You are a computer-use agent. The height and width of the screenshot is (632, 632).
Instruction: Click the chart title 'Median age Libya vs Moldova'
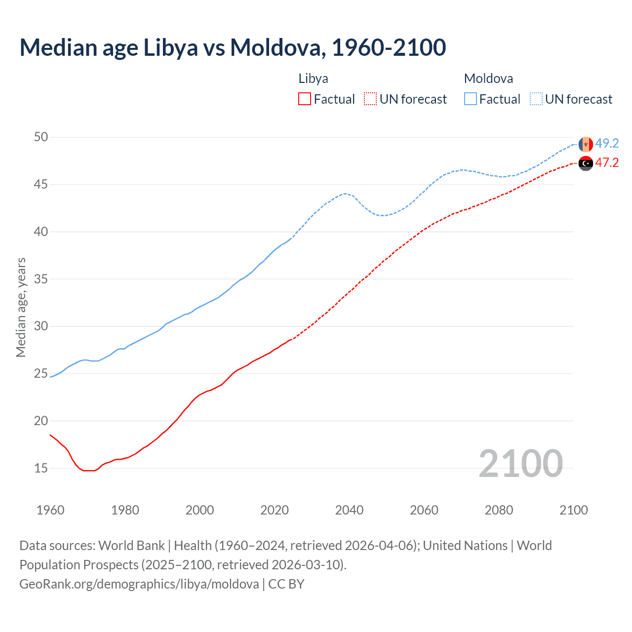click(232, 47)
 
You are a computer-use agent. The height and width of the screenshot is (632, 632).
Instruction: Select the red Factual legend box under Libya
click(305, 99)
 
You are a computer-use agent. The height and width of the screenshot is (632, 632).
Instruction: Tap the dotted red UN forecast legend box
click(370, 99)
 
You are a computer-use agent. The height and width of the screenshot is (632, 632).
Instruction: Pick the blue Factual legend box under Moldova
click(471, 99)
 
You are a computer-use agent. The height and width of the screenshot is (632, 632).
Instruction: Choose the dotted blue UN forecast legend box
click(536, 99)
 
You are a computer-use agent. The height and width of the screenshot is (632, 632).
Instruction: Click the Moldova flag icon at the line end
click(586, 144)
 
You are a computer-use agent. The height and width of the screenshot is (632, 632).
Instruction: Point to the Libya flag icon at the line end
click(586, 163)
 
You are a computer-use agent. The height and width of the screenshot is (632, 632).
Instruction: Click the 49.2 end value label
click(607, 143)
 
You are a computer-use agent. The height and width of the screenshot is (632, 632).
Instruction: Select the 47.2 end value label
click(607, 162)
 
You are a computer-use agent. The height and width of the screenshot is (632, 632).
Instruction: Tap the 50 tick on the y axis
click(41, 137)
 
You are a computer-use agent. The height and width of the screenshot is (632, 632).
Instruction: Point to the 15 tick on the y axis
click(41, 468)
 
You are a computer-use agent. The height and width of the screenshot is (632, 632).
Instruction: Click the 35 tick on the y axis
click(41, 279)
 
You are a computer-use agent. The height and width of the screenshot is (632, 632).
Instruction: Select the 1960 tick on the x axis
click(50, 510)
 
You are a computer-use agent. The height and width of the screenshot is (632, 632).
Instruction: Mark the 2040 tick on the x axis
click(349, 510)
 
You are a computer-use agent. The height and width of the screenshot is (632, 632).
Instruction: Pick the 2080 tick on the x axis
click(499, 510)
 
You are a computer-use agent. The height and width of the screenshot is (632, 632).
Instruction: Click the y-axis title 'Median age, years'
click(21, 307)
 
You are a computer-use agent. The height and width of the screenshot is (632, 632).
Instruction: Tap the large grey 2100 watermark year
click(520, 463)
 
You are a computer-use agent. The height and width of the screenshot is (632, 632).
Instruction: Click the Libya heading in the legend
click(313, 79)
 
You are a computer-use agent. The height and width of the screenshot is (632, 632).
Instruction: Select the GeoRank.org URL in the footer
click(139, 584)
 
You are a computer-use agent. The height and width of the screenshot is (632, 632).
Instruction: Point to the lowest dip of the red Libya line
click(89, 471)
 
